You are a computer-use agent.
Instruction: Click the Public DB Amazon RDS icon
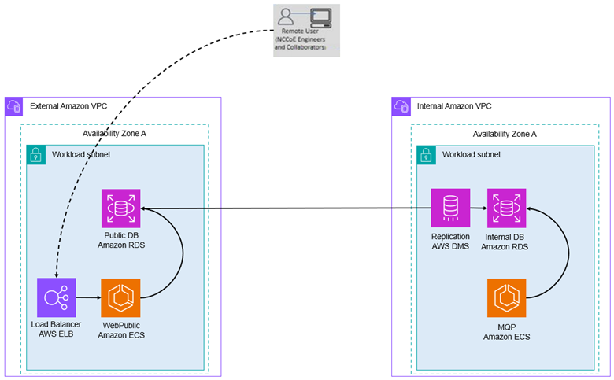click(121, 208)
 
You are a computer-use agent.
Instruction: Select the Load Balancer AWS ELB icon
click(56, 297)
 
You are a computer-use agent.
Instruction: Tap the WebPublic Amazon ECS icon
click(121, 297)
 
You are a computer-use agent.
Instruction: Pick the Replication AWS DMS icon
click(450, 208)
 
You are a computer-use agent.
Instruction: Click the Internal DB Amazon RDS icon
click(506, 208)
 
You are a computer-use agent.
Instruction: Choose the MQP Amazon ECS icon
click(506, 297)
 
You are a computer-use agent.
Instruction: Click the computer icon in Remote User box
click(320, 17)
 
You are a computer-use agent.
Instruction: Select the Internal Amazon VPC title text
click(454, 106)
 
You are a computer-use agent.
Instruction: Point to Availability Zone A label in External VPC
click(114, 133)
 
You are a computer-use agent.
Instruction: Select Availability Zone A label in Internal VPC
click(505, 133)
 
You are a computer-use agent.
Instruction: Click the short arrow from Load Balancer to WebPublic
click(88, 297)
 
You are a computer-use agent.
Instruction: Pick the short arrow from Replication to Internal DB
click(478, 208)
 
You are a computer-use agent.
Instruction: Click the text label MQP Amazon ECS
click(506, 332)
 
